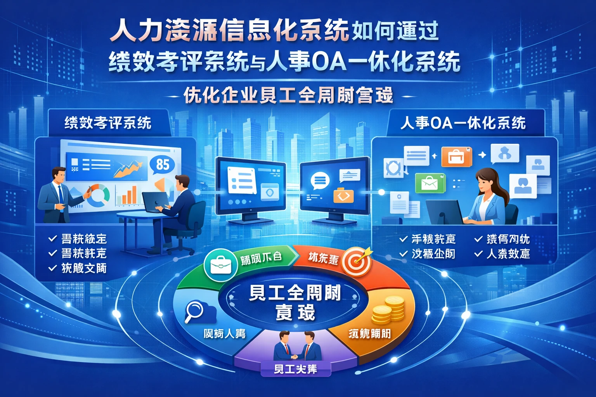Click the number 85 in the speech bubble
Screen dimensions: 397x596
(163, 164)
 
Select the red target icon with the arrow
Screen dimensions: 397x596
(356, 261)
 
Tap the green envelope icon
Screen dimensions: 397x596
(430, 183)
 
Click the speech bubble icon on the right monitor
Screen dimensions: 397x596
(320, 181)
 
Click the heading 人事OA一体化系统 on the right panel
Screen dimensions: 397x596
(463, 123)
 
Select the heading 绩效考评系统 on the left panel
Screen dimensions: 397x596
(108, 123)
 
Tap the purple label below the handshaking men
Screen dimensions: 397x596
(296, 369)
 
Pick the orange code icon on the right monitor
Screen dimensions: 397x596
(343, 195)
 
